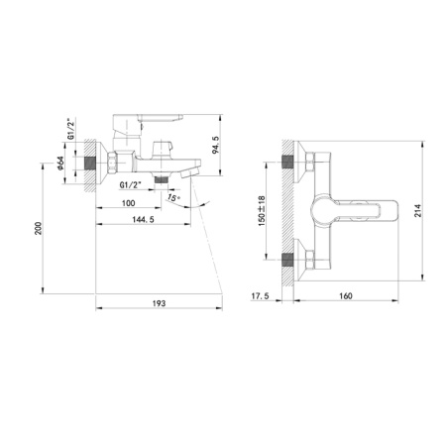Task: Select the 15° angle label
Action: coord(175,198)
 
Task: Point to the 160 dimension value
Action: coord(346,295)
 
